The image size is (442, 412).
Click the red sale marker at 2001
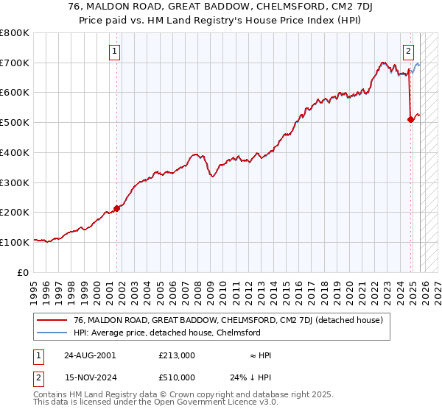point(116,208)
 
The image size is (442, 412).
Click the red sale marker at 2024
point(410,119)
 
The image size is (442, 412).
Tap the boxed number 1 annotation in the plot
point(116,51)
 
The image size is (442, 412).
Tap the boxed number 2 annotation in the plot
point(408,51)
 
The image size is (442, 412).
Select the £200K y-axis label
point(15,212)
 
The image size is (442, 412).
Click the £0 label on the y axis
point(22,272)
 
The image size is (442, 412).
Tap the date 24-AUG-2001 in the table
point(90,355)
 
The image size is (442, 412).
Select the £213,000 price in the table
point(177,355)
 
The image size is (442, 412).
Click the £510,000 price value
point(177,377)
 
